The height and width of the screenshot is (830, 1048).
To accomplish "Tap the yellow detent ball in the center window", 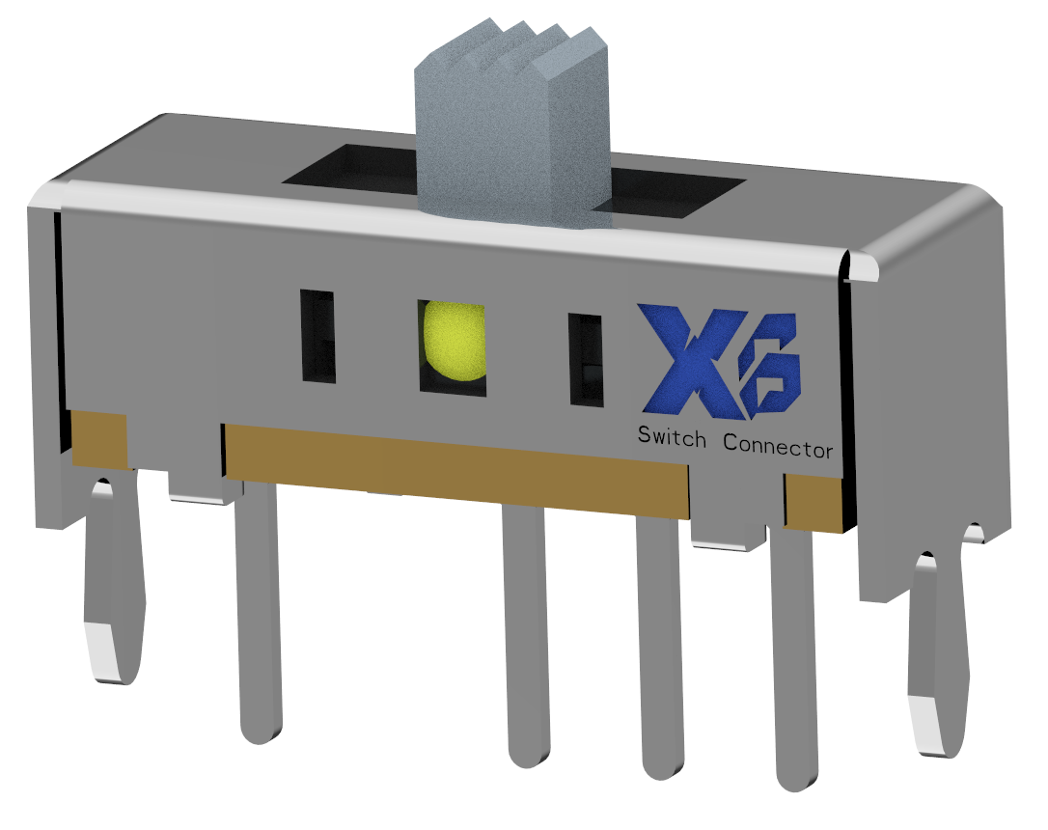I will [454, 343].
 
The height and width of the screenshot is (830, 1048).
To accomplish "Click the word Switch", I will [672, 437].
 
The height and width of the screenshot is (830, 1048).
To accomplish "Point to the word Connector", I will [778, 447].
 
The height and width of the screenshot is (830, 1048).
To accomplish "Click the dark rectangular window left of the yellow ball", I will [318, 334].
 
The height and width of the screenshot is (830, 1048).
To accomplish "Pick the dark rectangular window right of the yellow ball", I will [585, 358].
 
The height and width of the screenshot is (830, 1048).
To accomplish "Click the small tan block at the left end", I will [99, 439].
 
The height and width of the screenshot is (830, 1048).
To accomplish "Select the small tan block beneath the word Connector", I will [813, 500].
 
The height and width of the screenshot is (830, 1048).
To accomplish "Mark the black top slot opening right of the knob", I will [676, 192].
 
